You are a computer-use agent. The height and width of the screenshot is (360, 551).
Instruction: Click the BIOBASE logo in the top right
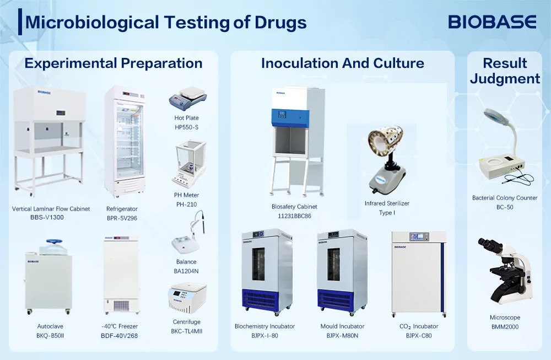491,22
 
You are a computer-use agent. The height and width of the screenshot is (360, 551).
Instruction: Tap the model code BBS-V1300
47,218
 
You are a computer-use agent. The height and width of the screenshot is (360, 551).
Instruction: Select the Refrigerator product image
125,142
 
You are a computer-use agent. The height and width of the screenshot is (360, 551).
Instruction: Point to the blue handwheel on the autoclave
54,241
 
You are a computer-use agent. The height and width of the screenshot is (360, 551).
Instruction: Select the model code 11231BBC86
294,216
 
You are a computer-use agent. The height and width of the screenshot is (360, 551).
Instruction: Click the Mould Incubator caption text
342,326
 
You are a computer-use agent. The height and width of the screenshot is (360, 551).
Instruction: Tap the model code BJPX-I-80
264,335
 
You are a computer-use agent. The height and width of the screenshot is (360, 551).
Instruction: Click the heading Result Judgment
505,71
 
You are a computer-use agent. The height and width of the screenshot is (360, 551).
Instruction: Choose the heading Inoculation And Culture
342,63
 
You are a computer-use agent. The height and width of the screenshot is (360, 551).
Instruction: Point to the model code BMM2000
504,327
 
